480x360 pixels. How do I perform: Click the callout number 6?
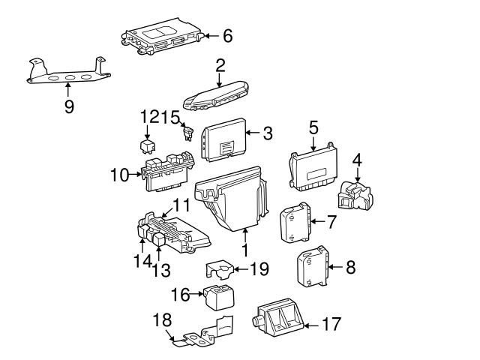click(228, 35)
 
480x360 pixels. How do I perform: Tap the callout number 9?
click(69, 106)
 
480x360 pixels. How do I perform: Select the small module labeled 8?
click(313, 267)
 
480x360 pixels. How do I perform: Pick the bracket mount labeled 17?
click(278, 321)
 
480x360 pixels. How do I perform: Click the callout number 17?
click(331, 325)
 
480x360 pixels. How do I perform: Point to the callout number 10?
click(120, 175)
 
